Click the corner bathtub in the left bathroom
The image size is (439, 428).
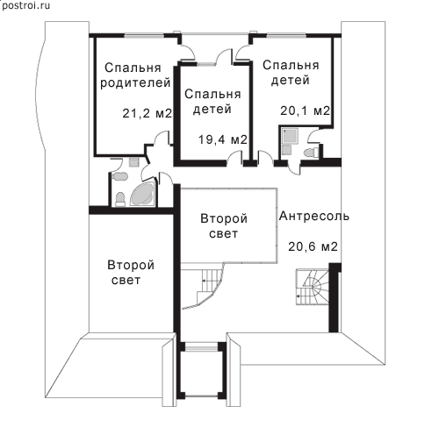coord(142,194)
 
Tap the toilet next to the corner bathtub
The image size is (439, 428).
coord(120,199)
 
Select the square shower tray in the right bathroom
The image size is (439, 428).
coord(291,136)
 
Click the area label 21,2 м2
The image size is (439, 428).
coord(147,113)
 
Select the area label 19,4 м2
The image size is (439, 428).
coord(223,139)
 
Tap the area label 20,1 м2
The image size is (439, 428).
coord(305,111)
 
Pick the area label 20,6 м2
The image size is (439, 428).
coord(313,246)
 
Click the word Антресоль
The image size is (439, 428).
coord(314,216)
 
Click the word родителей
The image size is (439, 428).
coord(135,82)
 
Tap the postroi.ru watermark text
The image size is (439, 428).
coord(25,5)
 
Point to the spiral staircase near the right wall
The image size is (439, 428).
coord(312,287)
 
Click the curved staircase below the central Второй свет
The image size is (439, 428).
coord(206,285)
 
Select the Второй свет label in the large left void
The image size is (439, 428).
coord(131,273)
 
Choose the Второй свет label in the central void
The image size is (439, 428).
coord(224,225)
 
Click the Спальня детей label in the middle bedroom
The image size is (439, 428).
coord(212,102)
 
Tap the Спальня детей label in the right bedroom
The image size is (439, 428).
coord(291,73)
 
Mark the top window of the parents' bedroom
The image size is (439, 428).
coord(144,36)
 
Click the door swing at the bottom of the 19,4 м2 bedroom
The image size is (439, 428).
coord(235,159)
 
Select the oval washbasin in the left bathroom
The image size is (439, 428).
coord(120,176)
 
